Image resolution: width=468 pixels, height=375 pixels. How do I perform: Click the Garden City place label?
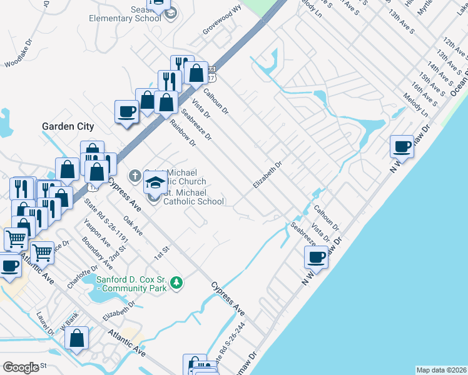tap(68, 126)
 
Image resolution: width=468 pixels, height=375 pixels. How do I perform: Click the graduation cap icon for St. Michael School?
tap(155, 182)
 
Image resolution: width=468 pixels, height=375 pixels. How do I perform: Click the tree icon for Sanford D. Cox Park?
tap(177, 283)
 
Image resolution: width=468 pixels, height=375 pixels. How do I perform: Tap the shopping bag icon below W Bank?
tap(76, 338)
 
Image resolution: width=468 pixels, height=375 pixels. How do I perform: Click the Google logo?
tap(21, 367)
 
